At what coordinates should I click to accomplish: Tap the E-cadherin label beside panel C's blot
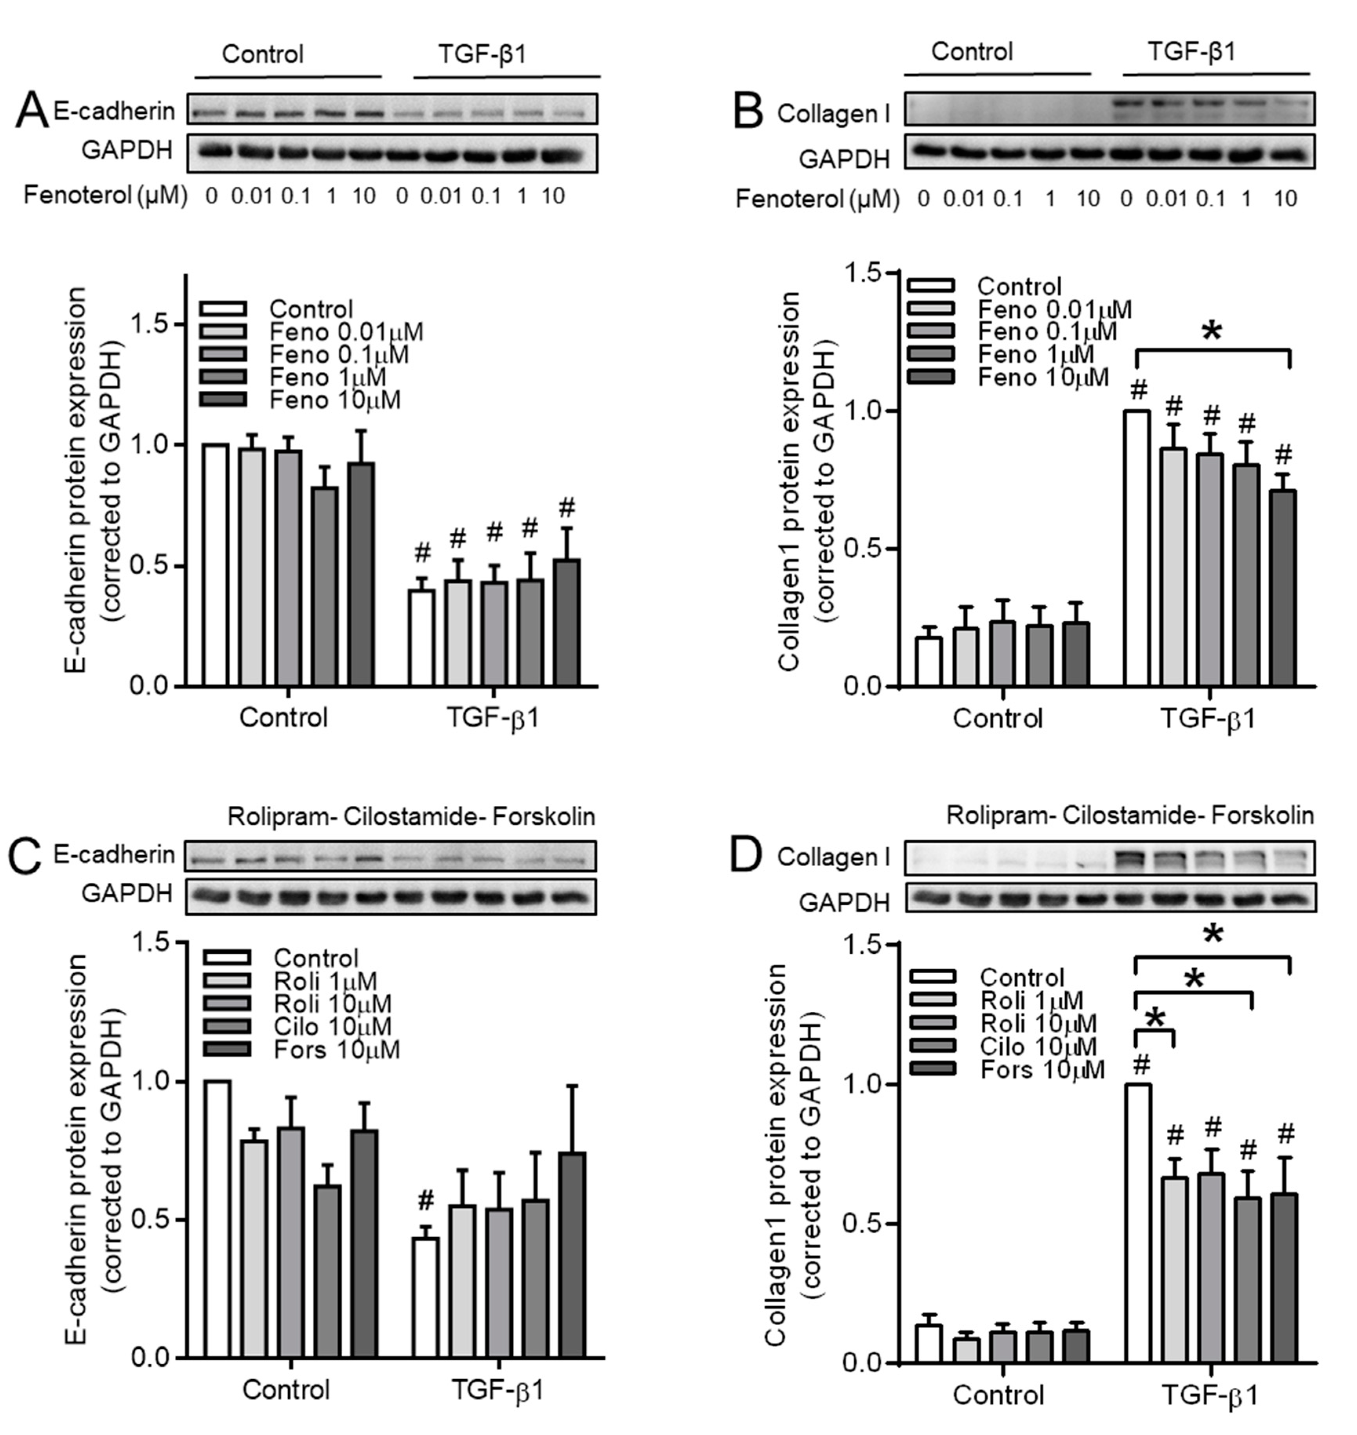[x=114, y=855]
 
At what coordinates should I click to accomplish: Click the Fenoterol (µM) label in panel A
[x=105, y=195]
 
